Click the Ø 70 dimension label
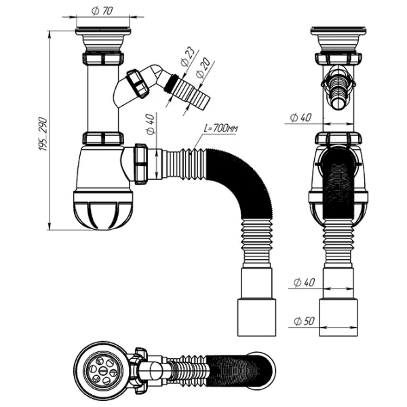(102, 11)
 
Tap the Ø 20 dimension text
(201, 69)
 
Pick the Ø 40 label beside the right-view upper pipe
(300, 117)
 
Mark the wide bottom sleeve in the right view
(338, 317)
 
